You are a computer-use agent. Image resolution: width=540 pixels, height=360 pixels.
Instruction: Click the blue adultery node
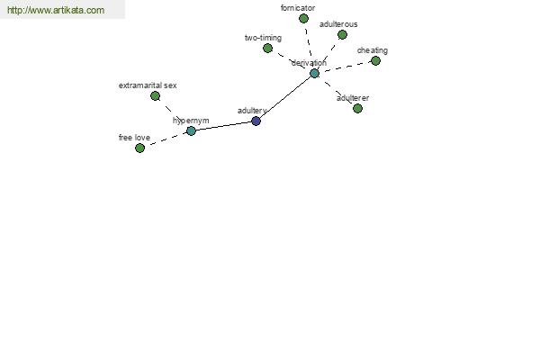coord(256,121)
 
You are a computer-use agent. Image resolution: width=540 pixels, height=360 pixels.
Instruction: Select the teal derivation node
coord(314,74)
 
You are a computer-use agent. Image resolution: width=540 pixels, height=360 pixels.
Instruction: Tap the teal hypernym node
coord(191,130)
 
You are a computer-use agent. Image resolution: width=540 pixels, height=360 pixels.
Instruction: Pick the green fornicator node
coord(303,19)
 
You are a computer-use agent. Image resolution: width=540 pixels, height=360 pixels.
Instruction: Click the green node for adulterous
coord(342,35)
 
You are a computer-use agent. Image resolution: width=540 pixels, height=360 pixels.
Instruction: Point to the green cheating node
coord(375,61)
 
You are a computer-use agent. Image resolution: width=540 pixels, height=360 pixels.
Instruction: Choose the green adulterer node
coord(358,109)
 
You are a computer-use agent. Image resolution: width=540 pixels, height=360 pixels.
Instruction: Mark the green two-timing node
coord(267,49)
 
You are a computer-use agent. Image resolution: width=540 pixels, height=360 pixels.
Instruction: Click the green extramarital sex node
coord(156,96)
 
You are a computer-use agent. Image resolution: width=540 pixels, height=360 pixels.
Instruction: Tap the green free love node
coord(139,148)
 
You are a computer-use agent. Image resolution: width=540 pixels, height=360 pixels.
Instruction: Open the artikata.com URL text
coord(56,10)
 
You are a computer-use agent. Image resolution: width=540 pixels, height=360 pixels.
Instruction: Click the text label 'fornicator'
coord(298,8)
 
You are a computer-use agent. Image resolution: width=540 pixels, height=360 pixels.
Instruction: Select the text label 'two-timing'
coord(263,38)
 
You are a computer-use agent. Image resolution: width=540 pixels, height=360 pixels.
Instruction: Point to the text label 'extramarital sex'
coord(148,85)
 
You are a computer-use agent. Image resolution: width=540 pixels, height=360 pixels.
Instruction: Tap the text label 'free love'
coord(134,138)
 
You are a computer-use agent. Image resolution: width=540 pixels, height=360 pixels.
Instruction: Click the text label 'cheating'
coord(373,50)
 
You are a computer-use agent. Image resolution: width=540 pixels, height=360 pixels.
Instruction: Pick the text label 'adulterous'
coord(338,24)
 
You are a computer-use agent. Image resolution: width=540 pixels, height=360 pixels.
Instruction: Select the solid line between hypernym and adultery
coord(223,126)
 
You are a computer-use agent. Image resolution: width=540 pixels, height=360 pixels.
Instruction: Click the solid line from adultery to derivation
coord(285,97)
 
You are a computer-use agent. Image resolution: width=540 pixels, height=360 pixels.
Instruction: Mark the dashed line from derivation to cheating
coord(345,67)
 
